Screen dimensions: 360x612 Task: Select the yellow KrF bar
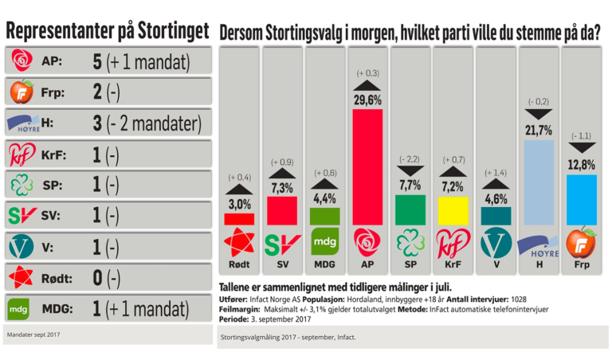point(452,212)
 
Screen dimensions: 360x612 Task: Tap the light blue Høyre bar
point(536,182)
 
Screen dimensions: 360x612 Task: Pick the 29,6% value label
point(368,100)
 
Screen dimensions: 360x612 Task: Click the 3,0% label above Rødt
point(239,205)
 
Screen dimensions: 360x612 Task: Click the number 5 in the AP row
point(97,61)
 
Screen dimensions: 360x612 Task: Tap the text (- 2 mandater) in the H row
point(158,124)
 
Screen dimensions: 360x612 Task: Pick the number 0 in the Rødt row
point(97,278)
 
